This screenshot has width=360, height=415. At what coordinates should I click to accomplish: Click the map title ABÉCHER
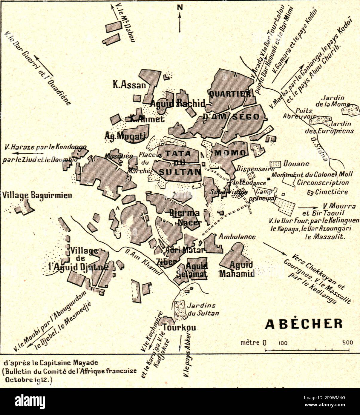pyautogui.click(x=304, y=324)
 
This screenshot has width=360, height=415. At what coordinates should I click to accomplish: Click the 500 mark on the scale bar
pyautogui.click(x=347, y=342)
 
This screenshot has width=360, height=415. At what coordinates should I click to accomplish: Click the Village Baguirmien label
pyautogui.click(x=37, y=196)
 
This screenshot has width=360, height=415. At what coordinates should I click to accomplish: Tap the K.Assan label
pyautogui.click(x=129, y=85)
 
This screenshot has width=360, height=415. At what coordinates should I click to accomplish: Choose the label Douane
pyautogui.click(x=296, y=164)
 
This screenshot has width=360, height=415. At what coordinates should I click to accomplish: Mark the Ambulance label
pyautogui.click(x=237, y=237)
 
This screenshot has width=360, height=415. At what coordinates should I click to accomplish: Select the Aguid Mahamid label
pyautogui.click(x=237, y=269)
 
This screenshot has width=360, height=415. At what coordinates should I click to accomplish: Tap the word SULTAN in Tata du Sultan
pyautogui.click(x=180, y=172)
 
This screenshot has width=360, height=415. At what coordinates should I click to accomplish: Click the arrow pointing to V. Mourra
pyautogui.click(x=308, y=207)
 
